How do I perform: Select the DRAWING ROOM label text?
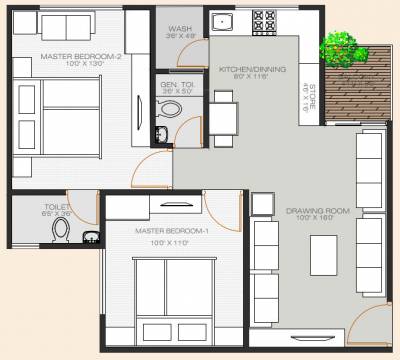(x=316, y=211)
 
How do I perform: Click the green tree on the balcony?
(x=340, y=45)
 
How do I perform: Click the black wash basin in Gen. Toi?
(x=161, y=132)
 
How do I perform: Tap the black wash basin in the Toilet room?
(x=90, y=238)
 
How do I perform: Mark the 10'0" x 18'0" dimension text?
(x=316, y=219)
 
